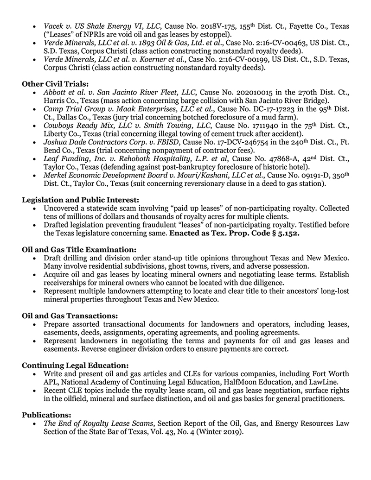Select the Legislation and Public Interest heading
[81, 200]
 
